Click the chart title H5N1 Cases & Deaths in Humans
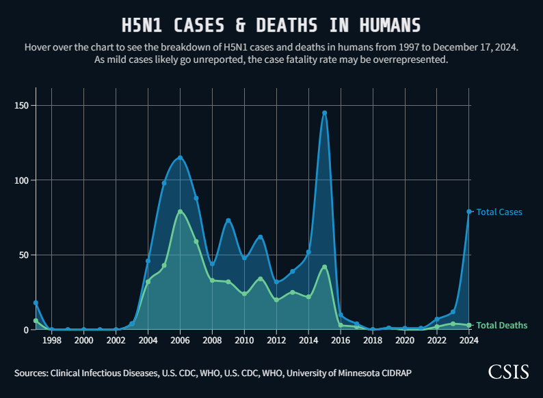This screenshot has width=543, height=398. [271, 26]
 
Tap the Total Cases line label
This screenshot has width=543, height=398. [499, 212]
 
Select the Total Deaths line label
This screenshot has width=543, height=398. [501, 325]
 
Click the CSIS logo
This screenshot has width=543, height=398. [508, 371]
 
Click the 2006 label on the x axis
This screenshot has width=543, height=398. [180, 340]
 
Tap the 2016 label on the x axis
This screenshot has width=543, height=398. [341, 340]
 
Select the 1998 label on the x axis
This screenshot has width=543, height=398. [51, 340]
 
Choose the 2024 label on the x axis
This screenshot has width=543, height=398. [469, 340]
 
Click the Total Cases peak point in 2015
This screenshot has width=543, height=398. [324, 113]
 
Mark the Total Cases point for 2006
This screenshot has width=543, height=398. [180, 158]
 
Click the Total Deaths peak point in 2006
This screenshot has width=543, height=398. [180, 212]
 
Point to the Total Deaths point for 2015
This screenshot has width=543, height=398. [324, 267]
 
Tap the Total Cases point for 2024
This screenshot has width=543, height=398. [468, 212]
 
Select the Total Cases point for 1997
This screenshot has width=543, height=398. [36, 302]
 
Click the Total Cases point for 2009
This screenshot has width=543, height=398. [228, 221]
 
